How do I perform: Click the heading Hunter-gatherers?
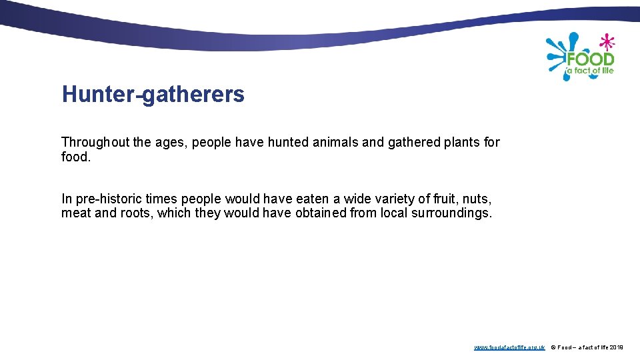153,95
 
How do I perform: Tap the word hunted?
289,142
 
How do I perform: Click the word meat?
75,213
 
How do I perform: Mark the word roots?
133,213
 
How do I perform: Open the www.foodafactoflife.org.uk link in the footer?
509,347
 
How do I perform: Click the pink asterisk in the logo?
606,42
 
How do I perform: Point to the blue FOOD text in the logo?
591,60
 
